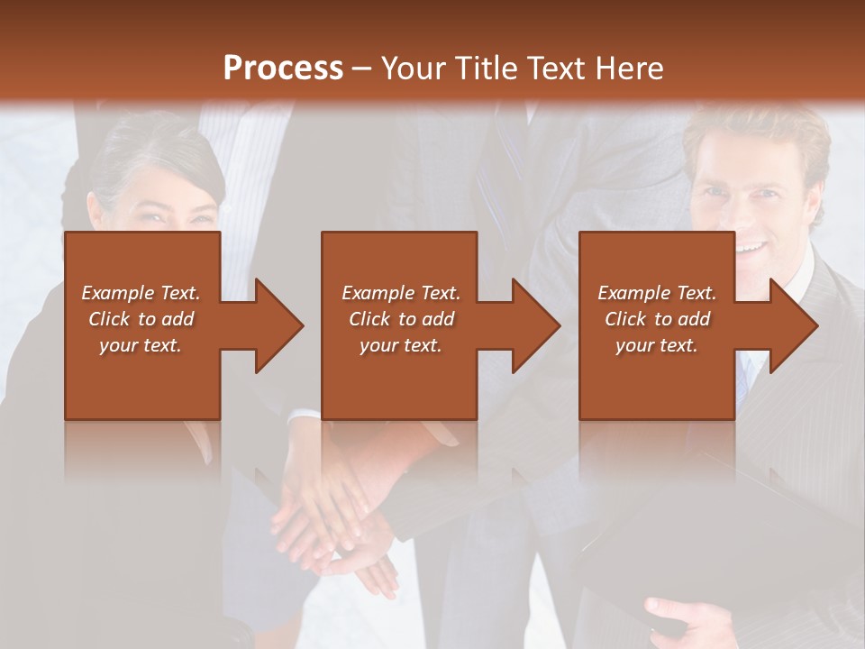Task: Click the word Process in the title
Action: [x=283, y=69]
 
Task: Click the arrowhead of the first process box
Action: [x=278, y=325]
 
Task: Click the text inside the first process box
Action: [x=141, y=319]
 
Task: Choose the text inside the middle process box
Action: [x=400, y=319]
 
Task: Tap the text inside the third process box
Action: [x=657, y=319]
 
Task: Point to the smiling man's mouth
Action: [x=750, y=245]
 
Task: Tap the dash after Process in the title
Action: [x=361, y=69]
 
